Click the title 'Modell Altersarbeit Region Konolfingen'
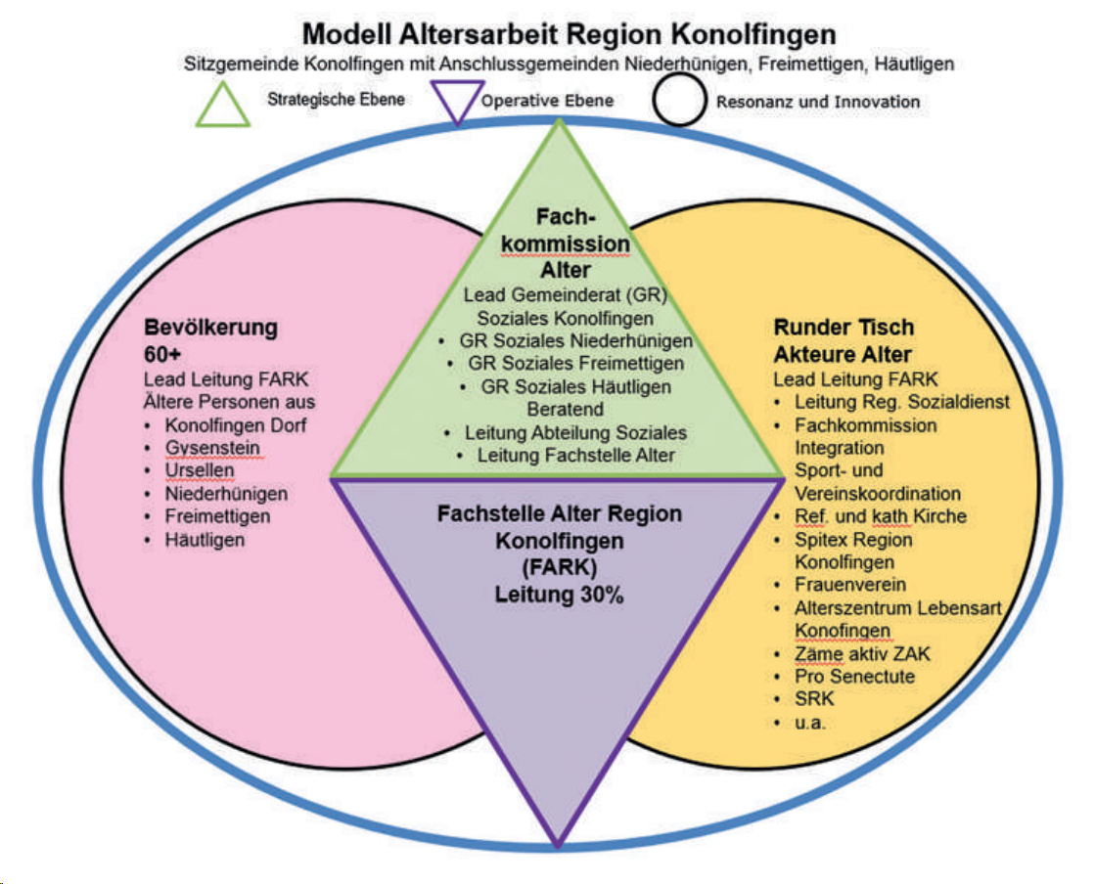(569, 33)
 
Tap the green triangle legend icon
(222, 104)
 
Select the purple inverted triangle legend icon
(455, 101)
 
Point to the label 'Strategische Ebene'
(336, 99)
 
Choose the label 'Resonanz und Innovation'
(817, 101)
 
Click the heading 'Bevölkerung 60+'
(210, 339)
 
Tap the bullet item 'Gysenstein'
(213, 448)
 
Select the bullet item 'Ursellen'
(201, 470)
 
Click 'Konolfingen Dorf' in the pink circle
(235, 425)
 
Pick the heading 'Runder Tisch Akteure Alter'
(843, 341)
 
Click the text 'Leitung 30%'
(559, 594)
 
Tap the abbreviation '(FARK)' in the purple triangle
(559, 566)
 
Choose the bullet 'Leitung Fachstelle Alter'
(575, 455)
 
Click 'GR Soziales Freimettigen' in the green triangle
(576, 364)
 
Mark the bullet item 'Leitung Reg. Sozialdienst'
(901, 401)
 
